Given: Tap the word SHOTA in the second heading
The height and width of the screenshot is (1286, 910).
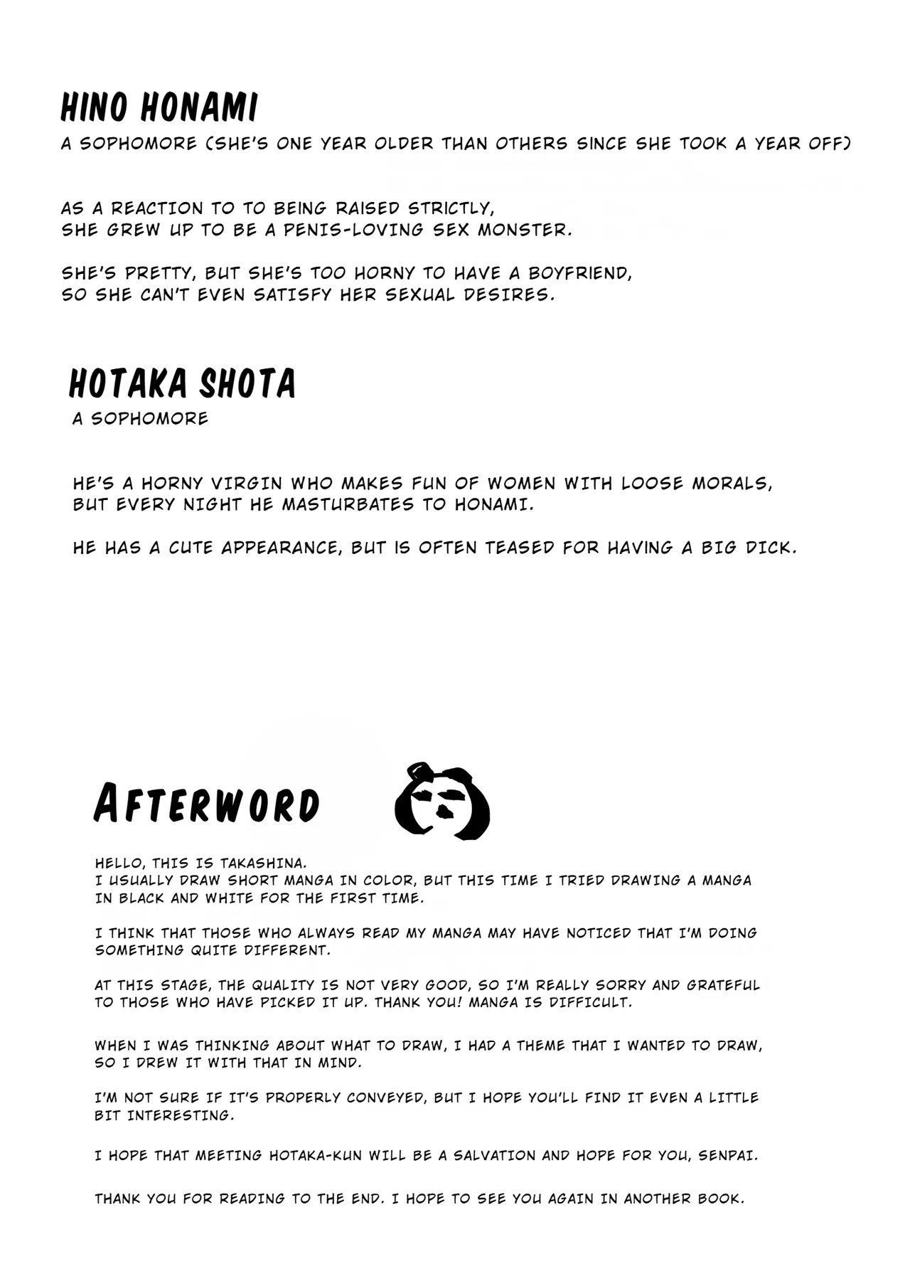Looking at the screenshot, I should click(247, 383).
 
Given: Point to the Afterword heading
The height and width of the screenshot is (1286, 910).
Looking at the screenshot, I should click(206, 804).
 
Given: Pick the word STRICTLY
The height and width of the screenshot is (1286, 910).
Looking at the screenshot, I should click(450, 209).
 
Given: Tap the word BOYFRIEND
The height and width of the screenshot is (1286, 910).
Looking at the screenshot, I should click(579, 274).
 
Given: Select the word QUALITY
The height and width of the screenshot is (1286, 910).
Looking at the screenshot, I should click(279, 986).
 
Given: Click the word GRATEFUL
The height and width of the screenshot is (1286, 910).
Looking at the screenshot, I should click(724, 986).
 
